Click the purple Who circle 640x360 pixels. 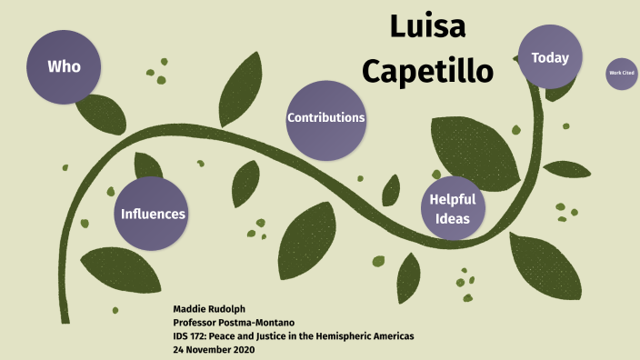(x=64, y=66)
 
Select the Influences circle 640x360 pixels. (x=154, y=215)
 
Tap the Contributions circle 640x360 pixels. (x=325, y=118)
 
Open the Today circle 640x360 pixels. (x=549, y=57)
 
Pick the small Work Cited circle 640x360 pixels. (x=621, y=73)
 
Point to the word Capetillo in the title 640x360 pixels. (x=427, y=69)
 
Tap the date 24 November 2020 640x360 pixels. (x=215, y=350)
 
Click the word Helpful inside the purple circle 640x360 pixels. (x=452, y=199)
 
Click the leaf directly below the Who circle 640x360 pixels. (x=100, y=113)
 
